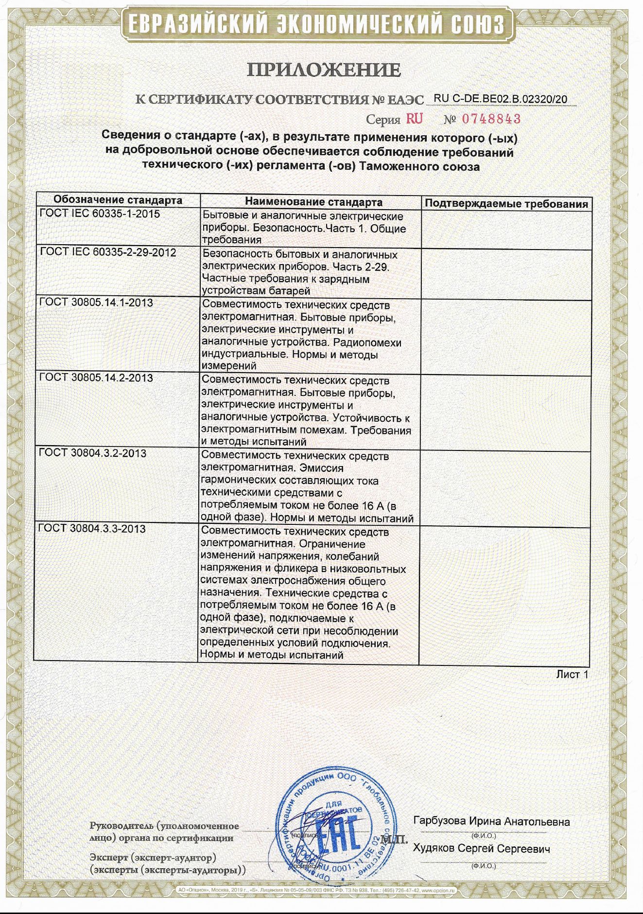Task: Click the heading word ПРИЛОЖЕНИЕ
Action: pos(324,71)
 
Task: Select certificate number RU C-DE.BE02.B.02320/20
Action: pos(500,99)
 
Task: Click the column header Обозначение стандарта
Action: pos(118,200)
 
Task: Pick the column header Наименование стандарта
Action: pos(313,202)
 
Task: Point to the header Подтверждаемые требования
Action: pos(506,204)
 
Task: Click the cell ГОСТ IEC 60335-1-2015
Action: pos(100,214)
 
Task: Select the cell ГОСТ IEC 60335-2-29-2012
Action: pos(107,252)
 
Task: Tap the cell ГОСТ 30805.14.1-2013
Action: pos(96,303)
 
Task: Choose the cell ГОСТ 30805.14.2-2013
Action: pos(96,378)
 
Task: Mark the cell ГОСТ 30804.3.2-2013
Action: pos(92,453)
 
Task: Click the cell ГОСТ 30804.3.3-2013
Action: pos(92,529)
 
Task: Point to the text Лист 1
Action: pos(572,674)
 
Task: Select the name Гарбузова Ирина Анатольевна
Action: pos(491,822)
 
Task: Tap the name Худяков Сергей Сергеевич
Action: pos(481,849)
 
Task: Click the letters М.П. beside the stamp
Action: pos(394,840)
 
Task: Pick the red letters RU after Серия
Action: pos(415,119)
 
